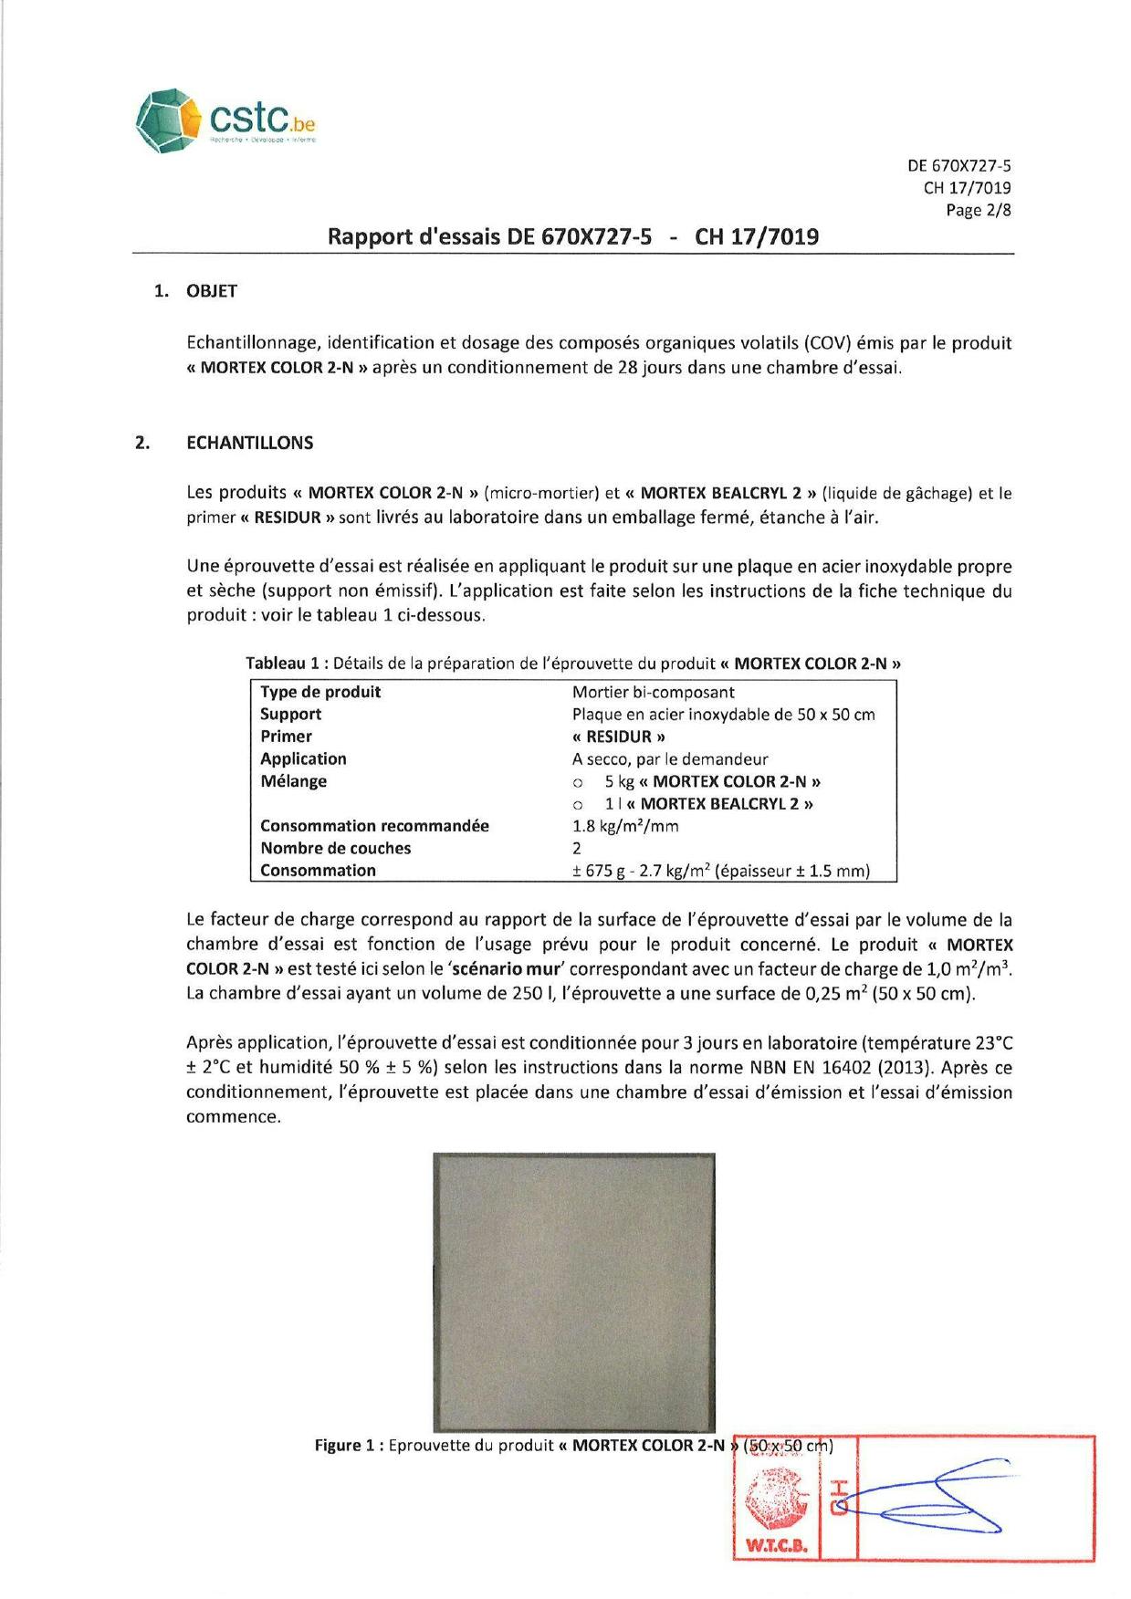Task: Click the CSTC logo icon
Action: pyautogui.click(x=168, y=120)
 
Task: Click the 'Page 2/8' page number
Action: pyautogui.click(x=978, y=210)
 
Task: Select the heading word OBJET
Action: pyautogui.click(x=212, y=291)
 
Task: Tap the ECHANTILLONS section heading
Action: pyautogui.click(x=249, y=443)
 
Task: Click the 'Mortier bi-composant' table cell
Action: pyautogui.click(x=653, y=692)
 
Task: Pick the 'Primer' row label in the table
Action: pyautogui.click(x=286, y=737)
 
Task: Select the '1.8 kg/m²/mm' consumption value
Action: pyautogui.click(x=625, y=826)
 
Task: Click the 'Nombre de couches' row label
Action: pyautogui.click(x=335, y=848)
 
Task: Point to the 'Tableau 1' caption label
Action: pyautogui.click(x=282, y=664)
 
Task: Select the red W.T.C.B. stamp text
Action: pyautogui.click(x=777, y=1546)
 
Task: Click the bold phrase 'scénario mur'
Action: pyautogui.click(x=507, y=969)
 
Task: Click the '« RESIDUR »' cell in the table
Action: pyautogui.click(x=618, y=737)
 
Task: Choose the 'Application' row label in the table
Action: pyautogui.click(x=303, y=758)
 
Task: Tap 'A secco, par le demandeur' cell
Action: pyautogui.click(x=670, y=759)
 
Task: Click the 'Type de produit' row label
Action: pyautogui.click(x=320, y=692)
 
